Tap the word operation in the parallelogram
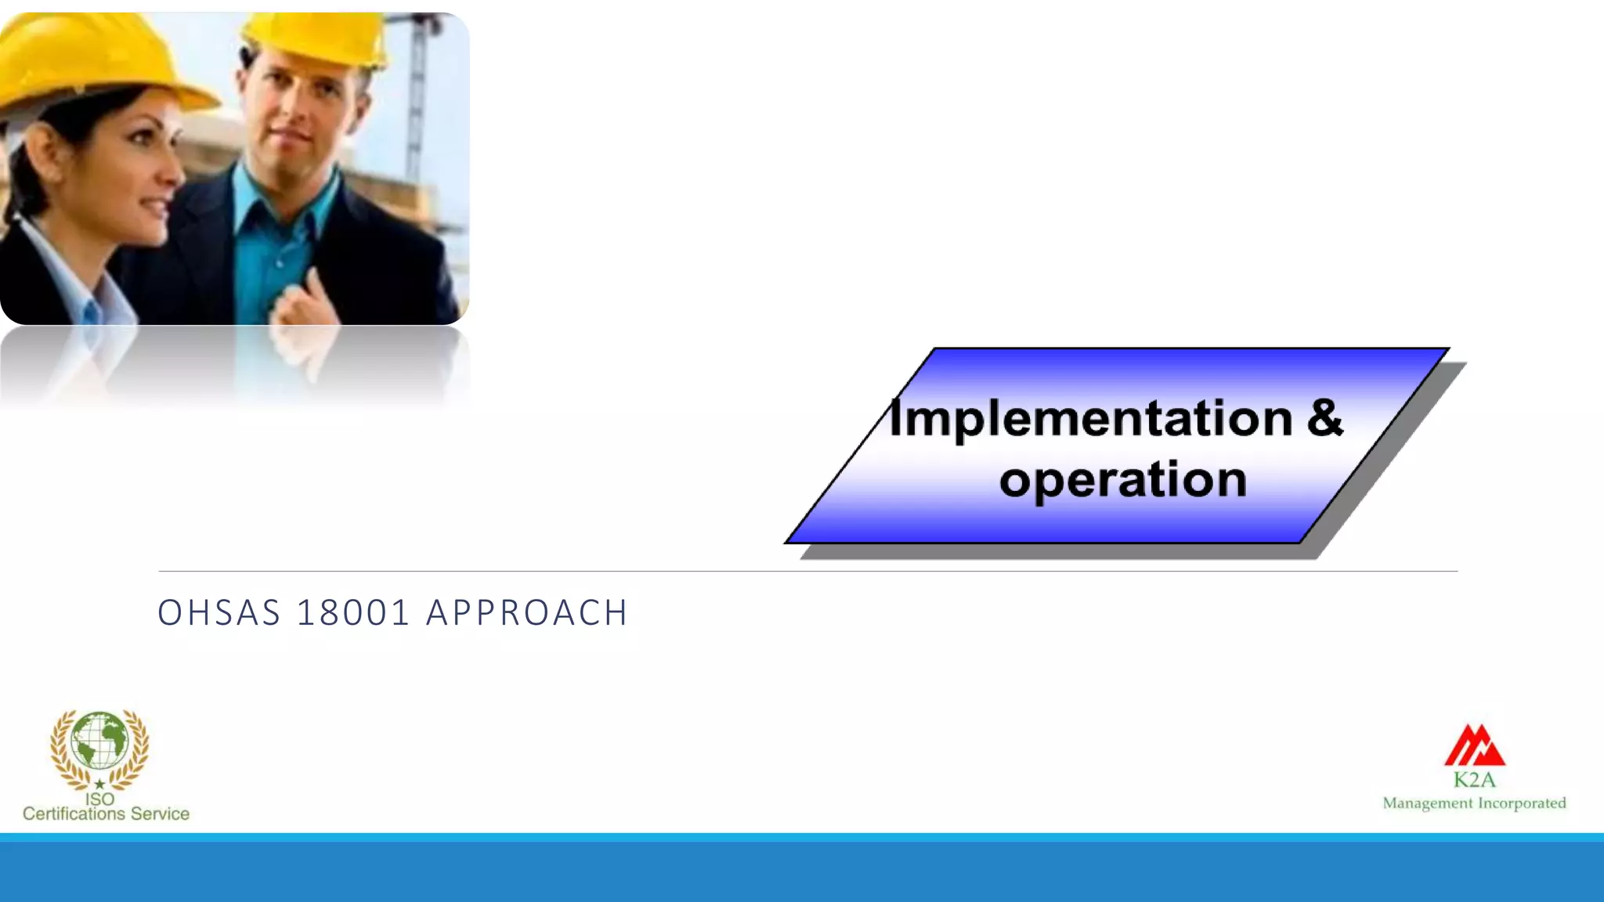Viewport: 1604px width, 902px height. pos(1122,479)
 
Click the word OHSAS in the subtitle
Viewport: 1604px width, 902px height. pos(219,612)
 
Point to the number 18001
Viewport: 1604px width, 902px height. pos(353,612)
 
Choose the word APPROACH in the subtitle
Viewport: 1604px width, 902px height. pos(526,612)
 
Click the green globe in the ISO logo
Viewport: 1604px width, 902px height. pos(99,740)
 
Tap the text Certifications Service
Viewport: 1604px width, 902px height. pos(106,814)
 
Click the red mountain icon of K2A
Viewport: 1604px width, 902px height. pos(1474,745)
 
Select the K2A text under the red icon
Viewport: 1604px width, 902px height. pos(1474,780)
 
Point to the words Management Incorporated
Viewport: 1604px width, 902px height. pos(1474,803)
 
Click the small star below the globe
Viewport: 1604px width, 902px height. pos(99,784)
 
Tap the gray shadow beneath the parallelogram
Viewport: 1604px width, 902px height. pos(1057,552)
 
